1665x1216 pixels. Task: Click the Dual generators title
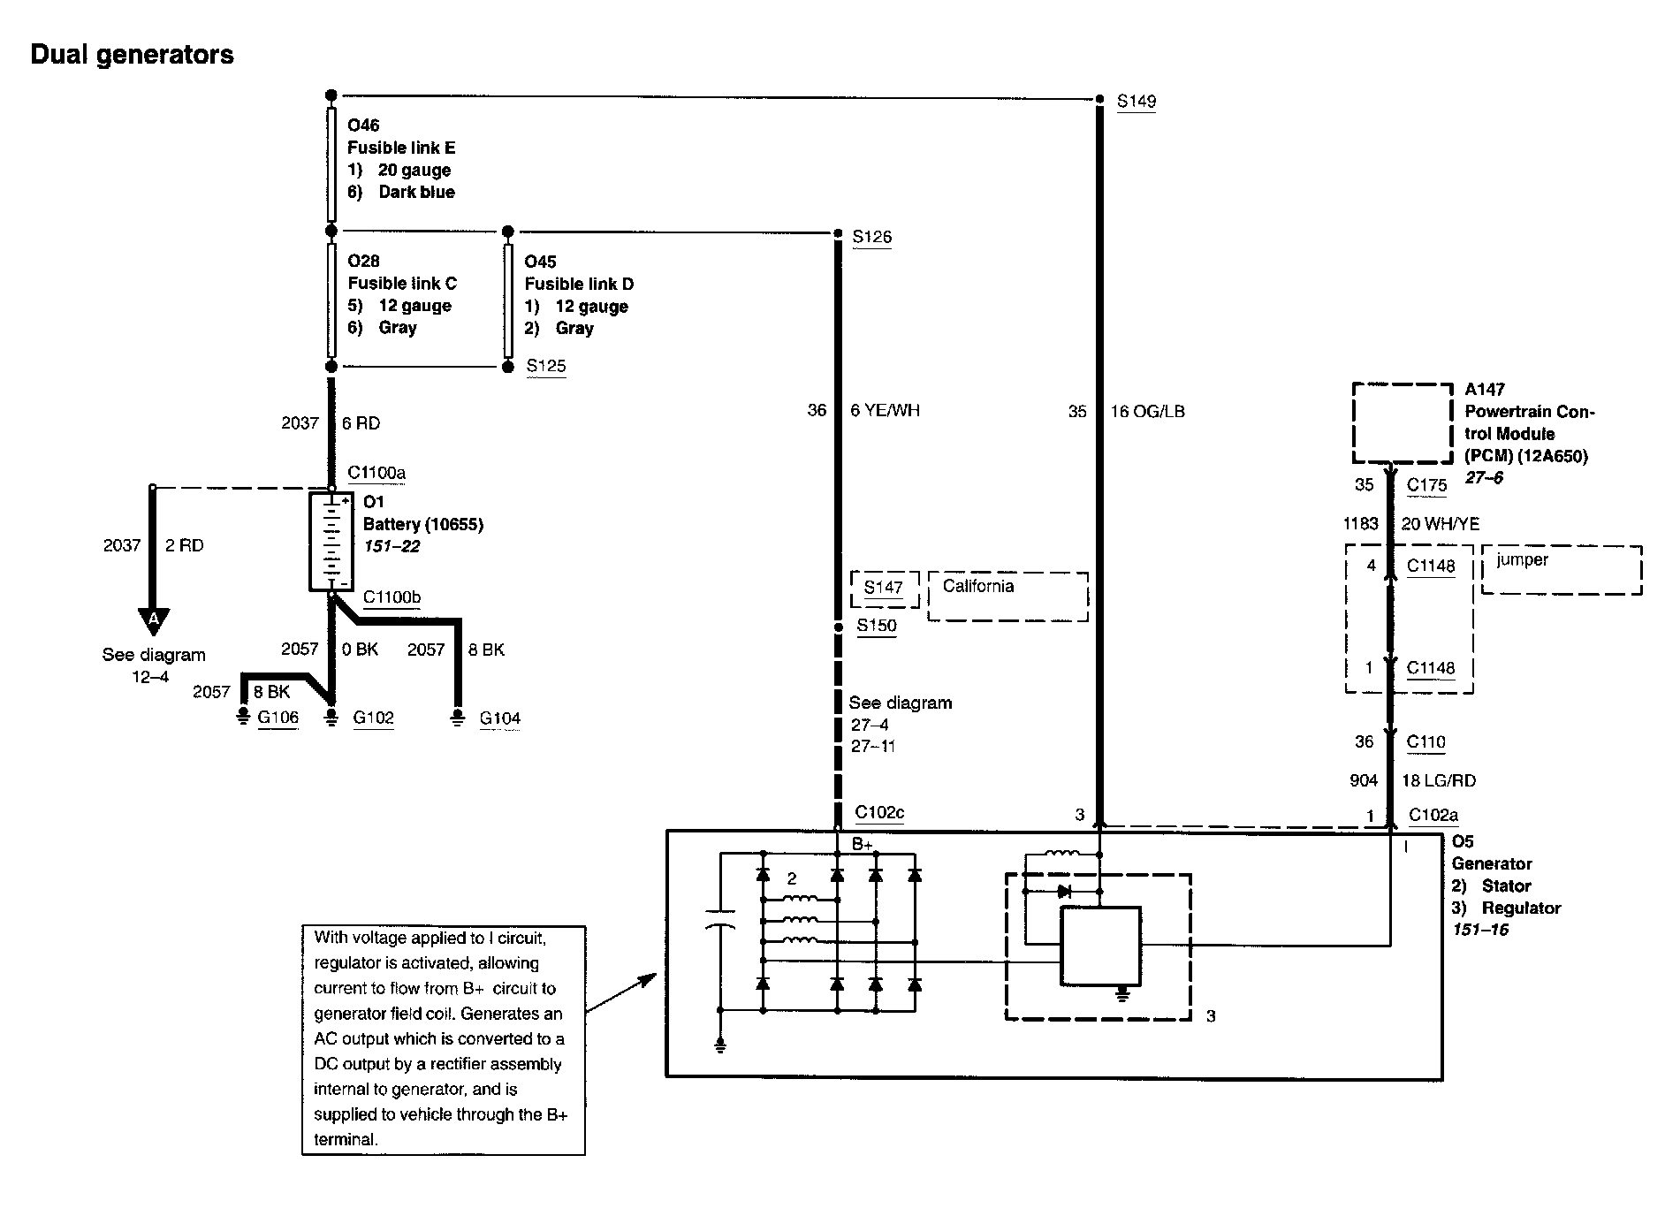[133, 55]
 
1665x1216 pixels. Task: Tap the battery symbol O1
[331, 541]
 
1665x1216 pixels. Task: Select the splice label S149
[1136, 102]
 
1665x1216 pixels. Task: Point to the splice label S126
[871, 237]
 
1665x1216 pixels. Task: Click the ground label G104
[499, 718]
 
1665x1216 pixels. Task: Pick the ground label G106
[277, 718]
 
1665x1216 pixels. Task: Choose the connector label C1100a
[376, 473]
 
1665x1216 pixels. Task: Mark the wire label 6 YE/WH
[885, 410]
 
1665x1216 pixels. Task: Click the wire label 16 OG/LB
[1147, 411]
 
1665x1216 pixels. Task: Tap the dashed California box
[1007, 597]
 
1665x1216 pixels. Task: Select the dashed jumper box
[1562, 570]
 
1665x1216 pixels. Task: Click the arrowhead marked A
[154, 621]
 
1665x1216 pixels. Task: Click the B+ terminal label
[862, 845]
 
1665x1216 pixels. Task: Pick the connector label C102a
[1433, 816]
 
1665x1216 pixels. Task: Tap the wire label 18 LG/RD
[1439, 780]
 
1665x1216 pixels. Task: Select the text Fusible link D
[579, 284]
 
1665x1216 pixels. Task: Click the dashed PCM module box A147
[1403, 423]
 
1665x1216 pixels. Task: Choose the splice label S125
[546, 366]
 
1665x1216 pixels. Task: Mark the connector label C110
[1426, 742]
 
